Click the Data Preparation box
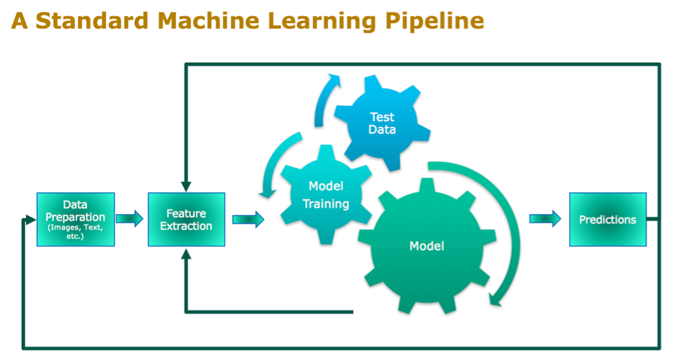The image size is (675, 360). (76, 219)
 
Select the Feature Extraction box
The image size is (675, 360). (186, 219)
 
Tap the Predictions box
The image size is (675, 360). (607, 219)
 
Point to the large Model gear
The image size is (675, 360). (427, 246)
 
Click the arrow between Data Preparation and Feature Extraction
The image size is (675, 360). (131, 219)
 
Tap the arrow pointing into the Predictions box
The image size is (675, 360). (545, 219)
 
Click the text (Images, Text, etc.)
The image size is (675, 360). (76, 232)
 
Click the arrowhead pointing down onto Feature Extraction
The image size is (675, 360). (186, 187)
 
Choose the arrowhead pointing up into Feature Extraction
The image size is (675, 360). (186, 253)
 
